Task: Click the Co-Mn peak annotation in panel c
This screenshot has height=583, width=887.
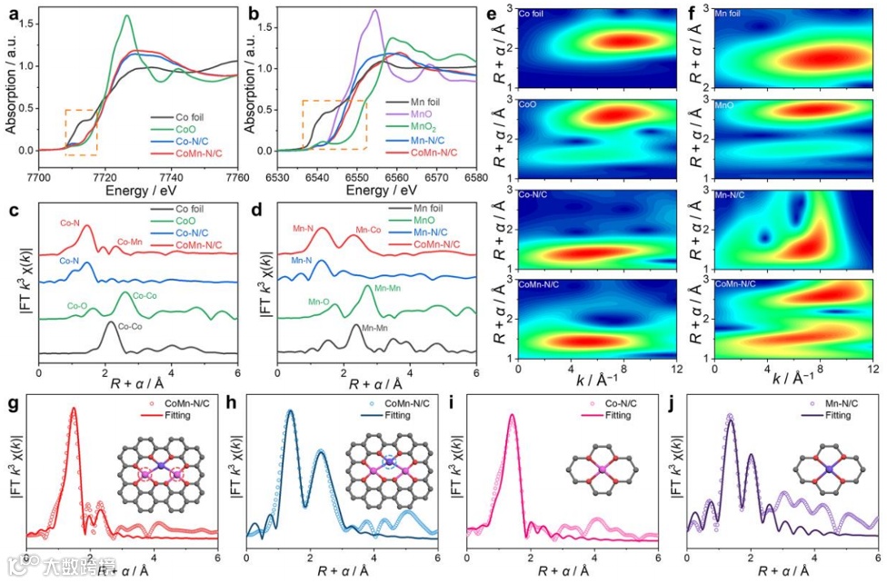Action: (131, 243)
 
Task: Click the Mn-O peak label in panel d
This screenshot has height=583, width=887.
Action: (319, 301)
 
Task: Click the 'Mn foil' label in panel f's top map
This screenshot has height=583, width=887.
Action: (729, 15)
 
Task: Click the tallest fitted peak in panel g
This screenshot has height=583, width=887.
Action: (74, 409)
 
